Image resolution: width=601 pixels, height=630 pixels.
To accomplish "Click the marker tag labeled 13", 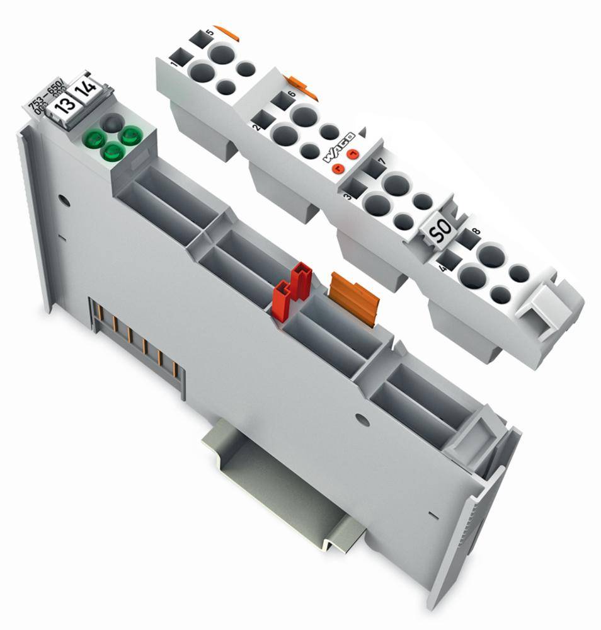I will coord(63,106).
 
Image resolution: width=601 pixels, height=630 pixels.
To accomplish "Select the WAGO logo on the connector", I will coord(340,147).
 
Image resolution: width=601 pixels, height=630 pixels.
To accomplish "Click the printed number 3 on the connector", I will coord(348,197).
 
